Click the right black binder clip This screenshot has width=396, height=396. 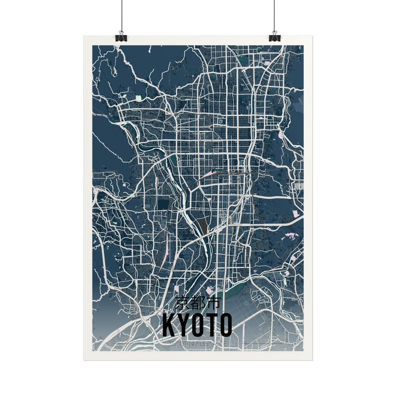pyautogui.click(x=275, y=37)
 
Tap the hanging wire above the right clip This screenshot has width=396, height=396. pyautogui.click(x=274, y=15)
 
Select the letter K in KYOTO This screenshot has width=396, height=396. pyautogui.click(x=169, y=325)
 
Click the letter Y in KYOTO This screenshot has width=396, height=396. pyautogui.click(x=182, y=325)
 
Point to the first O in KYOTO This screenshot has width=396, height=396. pyautogui.click(x=196, y=325)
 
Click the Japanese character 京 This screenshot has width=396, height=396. pyautogui.click(x=183, y=303)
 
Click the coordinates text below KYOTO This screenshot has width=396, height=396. pyautogui.click(x=198, y=343)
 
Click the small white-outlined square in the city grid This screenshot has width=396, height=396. pyautogui.click(x=220, y=121)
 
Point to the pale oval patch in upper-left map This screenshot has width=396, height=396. pyautogui.click(x=138, y=98)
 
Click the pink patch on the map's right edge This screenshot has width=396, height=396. pyautogui.click(x=295, y=213)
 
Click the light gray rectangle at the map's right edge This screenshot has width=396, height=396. pyautogui.click(x=298, y=186)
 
